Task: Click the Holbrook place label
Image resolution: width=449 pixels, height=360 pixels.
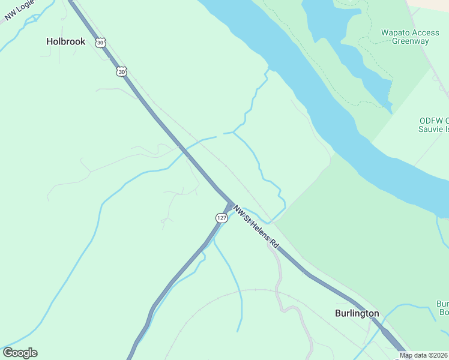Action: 66,42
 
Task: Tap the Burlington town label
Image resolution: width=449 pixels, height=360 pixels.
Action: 357,313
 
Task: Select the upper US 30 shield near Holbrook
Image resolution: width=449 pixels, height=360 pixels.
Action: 100,42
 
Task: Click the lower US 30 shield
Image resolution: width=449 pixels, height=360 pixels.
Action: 122,71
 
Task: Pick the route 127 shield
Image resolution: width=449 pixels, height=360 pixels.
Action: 221,218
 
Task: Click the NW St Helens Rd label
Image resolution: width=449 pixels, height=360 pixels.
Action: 257,229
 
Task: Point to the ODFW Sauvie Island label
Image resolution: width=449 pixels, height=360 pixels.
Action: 433,124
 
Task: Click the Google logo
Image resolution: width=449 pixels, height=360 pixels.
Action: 20,353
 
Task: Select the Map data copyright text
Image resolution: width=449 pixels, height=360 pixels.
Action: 424,355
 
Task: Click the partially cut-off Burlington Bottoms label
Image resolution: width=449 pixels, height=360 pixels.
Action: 442,308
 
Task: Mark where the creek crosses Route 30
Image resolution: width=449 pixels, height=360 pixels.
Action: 179,147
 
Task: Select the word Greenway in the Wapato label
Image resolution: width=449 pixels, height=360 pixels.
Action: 410,41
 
